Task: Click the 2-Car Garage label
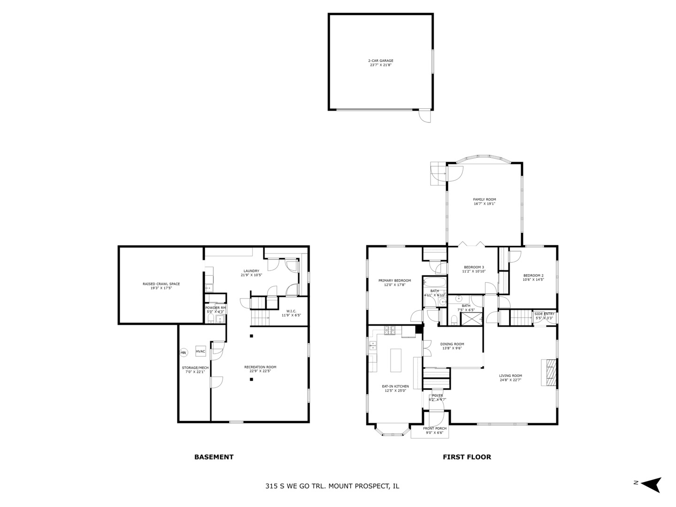380,61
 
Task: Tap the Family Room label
484,200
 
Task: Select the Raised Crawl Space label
161,284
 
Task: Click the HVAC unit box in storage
200,351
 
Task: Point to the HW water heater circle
183,353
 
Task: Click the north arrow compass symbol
651,484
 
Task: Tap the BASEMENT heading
214,457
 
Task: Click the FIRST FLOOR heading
467,457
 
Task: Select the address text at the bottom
332,486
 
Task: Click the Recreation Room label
260,367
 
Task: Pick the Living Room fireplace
549,373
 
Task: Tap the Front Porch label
435,428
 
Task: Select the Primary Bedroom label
394,281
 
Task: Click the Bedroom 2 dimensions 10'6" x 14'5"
533,280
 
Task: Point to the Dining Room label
452,344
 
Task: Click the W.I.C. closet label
291,311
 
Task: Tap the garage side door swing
424,116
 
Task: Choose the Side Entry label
544,314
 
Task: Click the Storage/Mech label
195,368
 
